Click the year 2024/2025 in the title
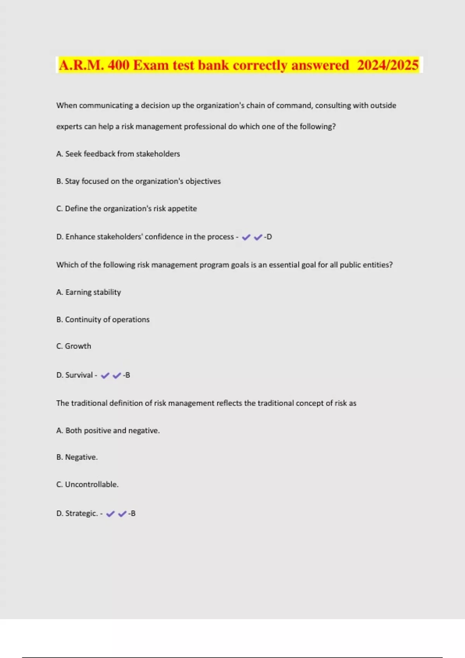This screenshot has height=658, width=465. [387, 65]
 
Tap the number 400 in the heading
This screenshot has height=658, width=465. [118, 65]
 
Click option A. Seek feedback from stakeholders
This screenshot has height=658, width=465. [118, 154]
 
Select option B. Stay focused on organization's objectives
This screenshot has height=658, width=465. [138, 181]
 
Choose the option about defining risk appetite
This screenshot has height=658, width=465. [126, 209]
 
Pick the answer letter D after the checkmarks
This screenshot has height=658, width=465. [269, 237]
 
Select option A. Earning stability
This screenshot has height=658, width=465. [88, 292]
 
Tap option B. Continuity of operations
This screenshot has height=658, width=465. [103, 320]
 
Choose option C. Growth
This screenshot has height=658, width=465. [74, 346]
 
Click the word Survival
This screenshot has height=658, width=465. [79, 375]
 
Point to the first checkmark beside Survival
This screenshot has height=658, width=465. [105, 375]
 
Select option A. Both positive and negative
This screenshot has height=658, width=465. [108, 430]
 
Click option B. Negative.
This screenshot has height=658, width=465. [77, 457]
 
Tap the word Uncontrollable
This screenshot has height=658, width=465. [91, 485]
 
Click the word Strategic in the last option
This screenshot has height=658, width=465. [81, 514]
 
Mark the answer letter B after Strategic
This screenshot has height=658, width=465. [133, 514]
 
